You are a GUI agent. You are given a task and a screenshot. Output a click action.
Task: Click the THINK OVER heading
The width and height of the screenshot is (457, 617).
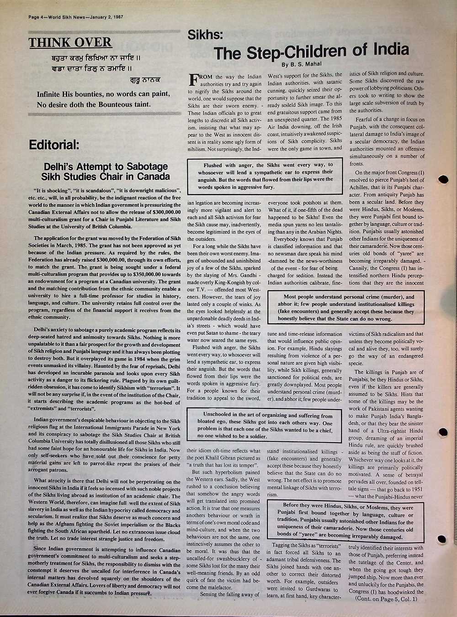(x=70, y=43)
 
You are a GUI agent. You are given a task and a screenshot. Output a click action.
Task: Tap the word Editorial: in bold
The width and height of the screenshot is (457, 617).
(x=53, y=145)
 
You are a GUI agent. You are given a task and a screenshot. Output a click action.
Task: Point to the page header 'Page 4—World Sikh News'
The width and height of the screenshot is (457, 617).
(x=75, y=17)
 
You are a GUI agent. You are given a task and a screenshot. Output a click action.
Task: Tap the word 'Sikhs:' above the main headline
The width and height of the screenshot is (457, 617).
(x=205, y=35)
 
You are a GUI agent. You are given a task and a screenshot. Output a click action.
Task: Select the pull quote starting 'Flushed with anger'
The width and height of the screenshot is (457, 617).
(x=266, y=176)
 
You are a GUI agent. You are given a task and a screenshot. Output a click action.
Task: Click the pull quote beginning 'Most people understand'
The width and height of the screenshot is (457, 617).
(x=349, y=308)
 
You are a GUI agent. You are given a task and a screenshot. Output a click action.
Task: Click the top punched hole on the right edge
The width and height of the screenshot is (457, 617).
(x=442, y=179)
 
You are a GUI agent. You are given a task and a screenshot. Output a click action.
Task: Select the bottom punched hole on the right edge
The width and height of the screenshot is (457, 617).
(x=441, y=539)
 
